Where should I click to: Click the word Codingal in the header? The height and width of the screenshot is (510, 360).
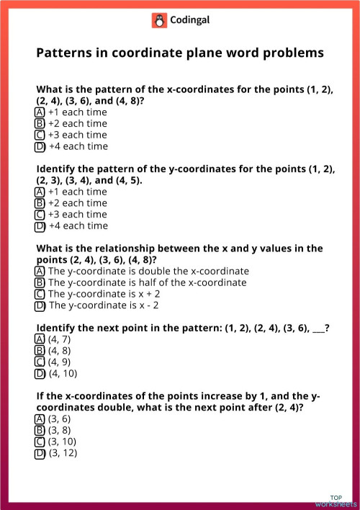click(190, 21)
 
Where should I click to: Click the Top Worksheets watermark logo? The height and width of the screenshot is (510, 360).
click(336, 501)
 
